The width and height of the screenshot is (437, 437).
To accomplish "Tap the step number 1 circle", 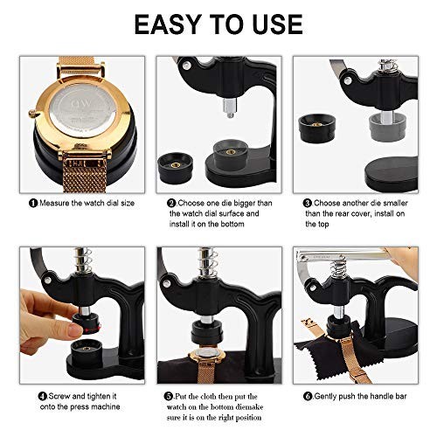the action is (x=33, y=203).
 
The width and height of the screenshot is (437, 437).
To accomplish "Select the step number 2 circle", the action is (x=172, y=203).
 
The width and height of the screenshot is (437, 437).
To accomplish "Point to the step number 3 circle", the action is (x=308, y=203).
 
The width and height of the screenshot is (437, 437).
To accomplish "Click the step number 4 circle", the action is (x=43, y=396).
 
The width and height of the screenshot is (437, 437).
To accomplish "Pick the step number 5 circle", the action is (x=169, y=396).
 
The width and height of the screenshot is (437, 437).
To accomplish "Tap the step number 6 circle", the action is (x=308, y=396).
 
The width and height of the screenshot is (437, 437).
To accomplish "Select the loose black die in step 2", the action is (x=175, y=169).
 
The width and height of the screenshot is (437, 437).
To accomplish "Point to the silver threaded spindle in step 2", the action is (x=230, y=108).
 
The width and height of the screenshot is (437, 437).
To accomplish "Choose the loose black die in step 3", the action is (x=317, y=128).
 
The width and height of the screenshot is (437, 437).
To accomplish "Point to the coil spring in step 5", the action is (x=209, y=262).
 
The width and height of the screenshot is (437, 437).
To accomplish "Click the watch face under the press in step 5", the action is (x=207, y=356).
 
